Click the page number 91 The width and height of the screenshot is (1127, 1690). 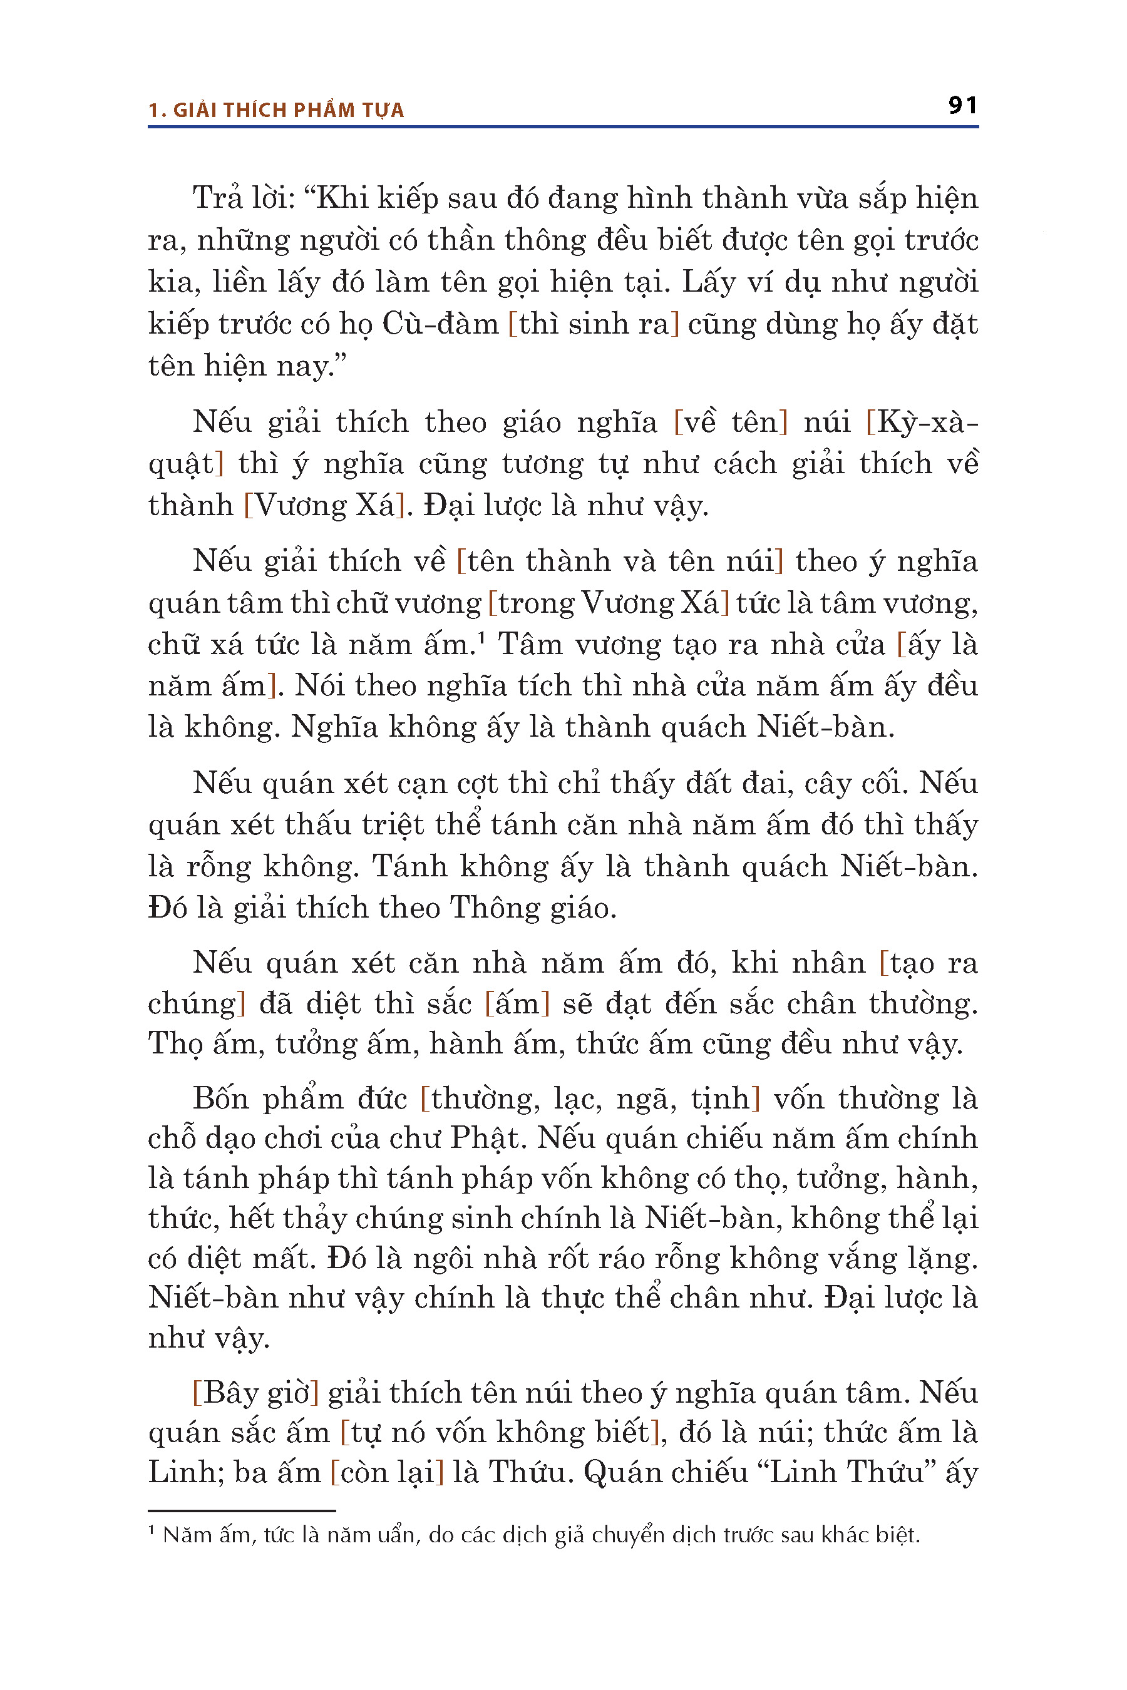(x=962, y=106)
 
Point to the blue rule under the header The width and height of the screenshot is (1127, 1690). (x=563, y=127)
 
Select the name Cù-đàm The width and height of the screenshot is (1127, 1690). (x=440, y=324)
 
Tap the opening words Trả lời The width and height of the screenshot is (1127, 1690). (x=240, y=198)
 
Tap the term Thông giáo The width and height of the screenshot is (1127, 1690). (x=533, y=908)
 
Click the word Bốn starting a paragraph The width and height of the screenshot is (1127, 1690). (x=220, y=1098)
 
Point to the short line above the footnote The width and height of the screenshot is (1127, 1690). (x=242, y=1511)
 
